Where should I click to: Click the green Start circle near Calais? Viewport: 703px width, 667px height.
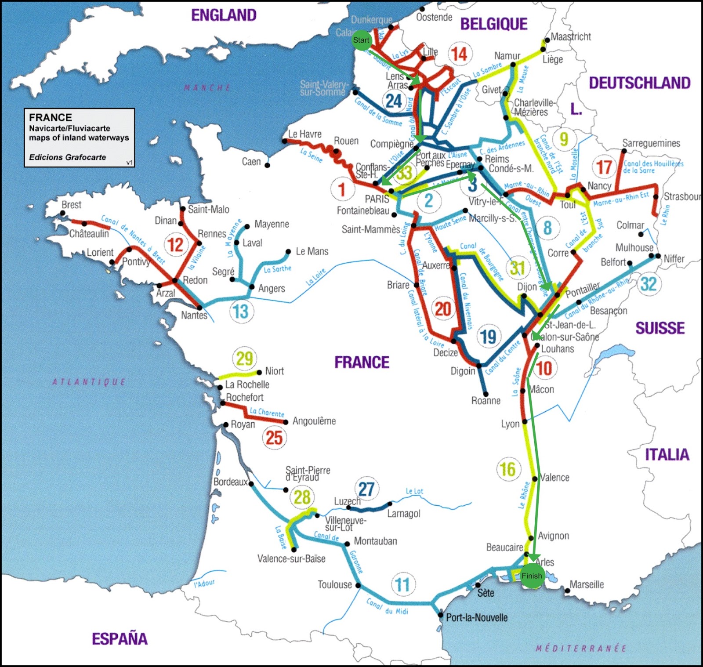(362, 40)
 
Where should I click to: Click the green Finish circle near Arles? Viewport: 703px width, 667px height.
(532, 576)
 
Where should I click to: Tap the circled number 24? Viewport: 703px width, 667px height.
(394, 101)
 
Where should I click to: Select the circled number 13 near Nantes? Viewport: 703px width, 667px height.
(241, 312)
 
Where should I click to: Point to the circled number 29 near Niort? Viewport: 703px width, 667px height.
(245, 359)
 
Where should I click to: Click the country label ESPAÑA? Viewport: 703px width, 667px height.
(120, 639)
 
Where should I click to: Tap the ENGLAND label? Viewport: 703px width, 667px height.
(224, 15)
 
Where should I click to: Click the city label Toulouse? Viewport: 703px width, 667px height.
(335, 585)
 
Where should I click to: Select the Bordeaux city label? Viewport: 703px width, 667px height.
(230, 482)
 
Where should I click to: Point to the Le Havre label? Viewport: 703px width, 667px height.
(305, 134)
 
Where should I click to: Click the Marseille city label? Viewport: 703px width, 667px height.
(587, 585)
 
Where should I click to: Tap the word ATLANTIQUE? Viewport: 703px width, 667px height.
(89, 382)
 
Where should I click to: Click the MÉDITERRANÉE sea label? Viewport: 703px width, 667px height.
(581, 648)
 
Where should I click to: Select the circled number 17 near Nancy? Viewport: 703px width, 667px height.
(604, 167)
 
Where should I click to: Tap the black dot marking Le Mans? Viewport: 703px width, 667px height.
(288, 252)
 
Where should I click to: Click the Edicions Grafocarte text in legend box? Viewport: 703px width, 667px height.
(67, 157)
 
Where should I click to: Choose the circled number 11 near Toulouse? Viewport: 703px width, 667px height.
(402, 585)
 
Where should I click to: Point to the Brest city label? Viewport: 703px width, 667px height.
(71, 205)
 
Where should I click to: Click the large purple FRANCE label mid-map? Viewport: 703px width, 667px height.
(362, 362)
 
